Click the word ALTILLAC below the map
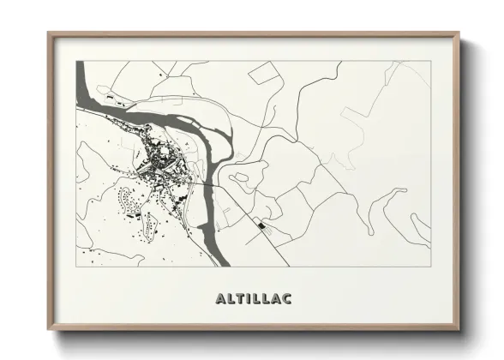click(254, 299)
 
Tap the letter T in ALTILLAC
click(237, 299)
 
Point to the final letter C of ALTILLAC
click(287, 299)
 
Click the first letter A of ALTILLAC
click(220, 299)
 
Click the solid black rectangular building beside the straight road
click(260, 225)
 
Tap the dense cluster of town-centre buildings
click(159, 159)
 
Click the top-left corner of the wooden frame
click(49, 34)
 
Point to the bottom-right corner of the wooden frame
click(459, 330)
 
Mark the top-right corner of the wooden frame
click(459, 34)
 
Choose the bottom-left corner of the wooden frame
click(49, 330)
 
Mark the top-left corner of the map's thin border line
click(77, 62)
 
